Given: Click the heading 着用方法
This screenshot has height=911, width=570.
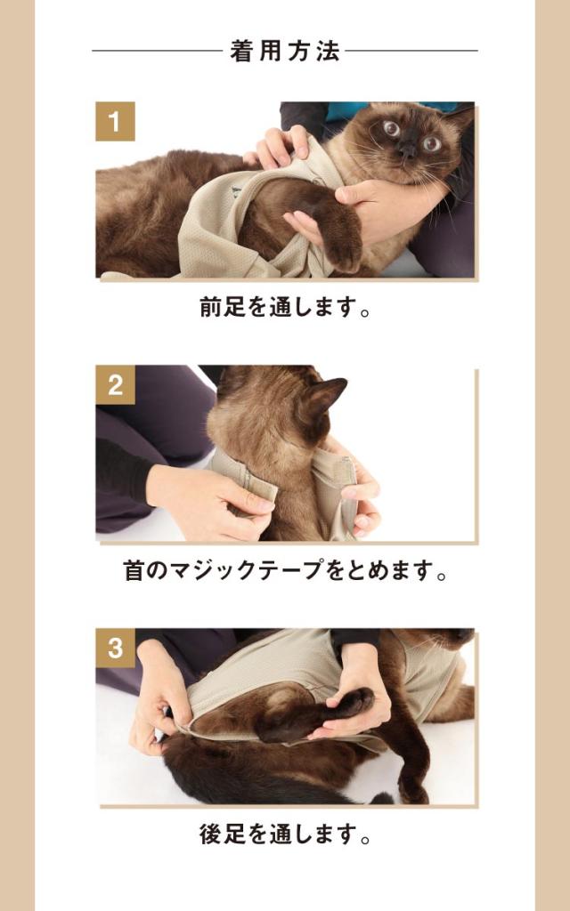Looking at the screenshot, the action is [284, 51].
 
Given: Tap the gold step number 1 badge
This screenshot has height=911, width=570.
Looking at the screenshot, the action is [115, 121].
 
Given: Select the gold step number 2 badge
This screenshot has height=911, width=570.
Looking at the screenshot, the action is [115, 384].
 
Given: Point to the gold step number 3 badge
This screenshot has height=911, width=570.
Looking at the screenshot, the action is [115, 648].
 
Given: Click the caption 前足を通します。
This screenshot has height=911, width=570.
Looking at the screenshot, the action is [285, 307].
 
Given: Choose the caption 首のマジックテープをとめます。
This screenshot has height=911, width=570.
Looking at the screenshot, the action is [285, 570].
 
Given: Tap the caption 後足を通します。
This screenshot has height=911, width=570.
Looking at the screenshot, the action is [285, 834].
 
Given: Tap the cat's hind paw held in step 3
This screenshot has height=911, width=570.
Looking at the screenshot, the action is [354, 703].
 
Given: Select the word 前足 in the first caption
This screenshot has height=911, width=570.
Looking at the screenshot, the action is [222, 307].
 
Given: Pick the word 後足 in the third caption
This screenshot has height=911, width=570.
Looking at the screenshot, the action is [222, 834].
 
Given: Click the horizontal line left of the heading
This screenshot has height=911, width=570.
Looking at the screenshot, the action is [157, 51].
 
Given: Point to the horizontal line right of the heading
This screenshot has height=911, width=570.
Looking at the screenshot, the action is [411, 51].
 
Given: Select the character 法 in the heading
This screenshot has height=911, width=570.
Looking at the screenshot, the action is [328, 51].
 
